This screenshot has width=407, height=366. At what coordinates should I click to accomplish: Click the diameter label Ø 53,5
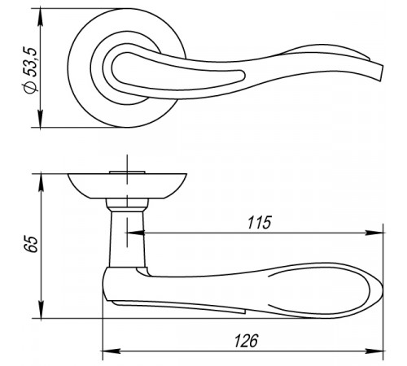(x=29, y=71)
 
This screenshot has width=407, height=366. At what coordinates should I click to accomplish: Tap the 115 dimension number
(x=259, y=223)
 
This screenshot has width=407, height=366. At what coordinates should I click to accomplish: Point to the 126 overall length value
(x=247, y=341)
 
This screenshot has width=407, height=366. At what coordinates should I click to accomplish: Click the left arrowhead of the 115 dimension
(x=136, y=233)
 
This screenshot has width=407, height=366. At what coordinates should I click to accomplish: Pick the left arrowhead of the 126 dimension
(x=112, y=351)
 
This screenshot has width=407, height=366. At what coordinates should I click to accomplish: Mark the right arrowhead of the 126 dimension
(x=375, y=351)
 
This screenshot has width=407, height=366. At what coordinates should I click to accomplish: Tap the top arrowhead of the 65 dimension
(x=41, y=182)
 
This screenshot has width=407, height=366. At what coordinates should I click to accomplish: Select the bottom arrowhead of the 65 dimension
(x=41, y=309)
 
